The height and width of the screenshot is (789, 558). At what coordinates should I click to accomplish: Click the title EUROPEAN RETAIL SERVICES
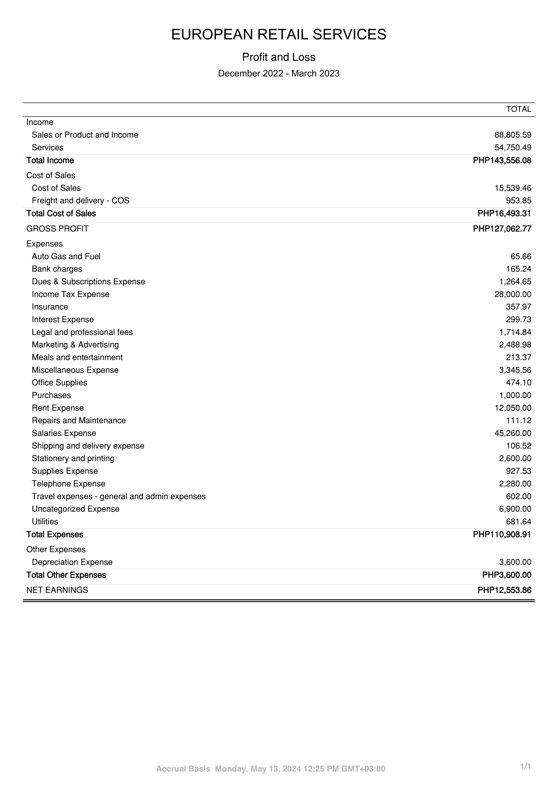pyautogui.click(x=279, y=35)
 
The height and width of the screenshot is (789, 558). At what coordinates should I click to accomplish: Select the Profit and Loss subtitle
pyautogui.click(x=279, y=57)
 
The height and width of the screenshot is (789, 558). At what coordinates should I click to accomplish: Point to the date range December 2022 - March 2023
pyautogui.click(x=279, y=73)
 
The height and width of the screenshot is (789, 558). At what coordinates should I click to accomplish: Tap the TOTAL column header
pyautogui.click(x=518, y=109)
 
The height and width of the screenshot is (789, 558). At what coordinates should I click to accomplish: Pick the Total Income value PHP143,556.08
pyautogui.click(x=502, y=160)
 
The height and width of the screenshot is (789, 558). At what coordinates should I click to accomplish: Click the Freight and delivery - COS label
pyautogui.click(x=80, y=201)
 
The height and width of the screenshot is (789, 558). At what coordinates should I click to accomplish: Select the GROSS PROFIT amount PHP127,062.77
pyautogui.click(x=502, y=229)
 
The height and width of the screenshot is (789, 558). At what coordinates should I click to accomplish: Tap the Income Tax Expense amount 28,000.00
pyautogui.click(x=513, y=295)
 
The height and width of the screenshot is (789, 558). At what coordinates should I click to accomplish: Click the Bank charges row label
pyautogui.click(x=57, y=269)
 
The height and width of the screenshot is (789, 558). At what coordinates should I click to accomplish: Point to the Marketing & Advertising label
pyautogui.click(x=75, y=345)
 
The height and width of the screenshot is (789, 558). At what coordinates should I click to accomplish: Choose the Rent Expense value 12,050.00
pyautogui.click(x=513, y=408)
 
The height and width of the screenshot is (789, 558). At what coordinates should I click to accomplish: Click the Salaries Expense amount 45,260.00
pyautogui.click(x=513, y=433)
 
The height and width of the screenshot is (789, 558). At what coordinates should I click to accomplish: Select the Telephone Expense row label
pyautogui.click(x=69, y=484)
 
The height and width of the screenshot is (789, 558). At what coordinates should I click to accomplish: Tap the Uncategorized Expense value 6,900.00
pyautogui.click(x=515, y=509)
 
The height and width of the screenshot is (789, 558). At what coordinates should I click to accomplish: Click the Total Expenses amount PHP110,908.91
pyautogui.click(x=502, y=535)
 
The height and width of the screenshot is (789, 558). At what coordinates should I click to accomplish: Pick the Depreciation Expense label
pyautogui.click(x=72, y=562)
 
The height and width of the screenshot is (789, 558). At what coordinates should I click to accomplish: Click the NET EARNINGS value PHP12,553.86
pyautogui.click(x=504, y=590)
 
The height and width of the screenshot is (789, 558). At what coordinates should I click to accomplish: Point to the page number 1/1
pyautogui.click(x=526, y=766)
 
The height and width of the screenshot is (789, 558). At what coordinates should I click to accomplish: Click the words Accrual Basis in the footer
pyautogui.click(x=183, y=769)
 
